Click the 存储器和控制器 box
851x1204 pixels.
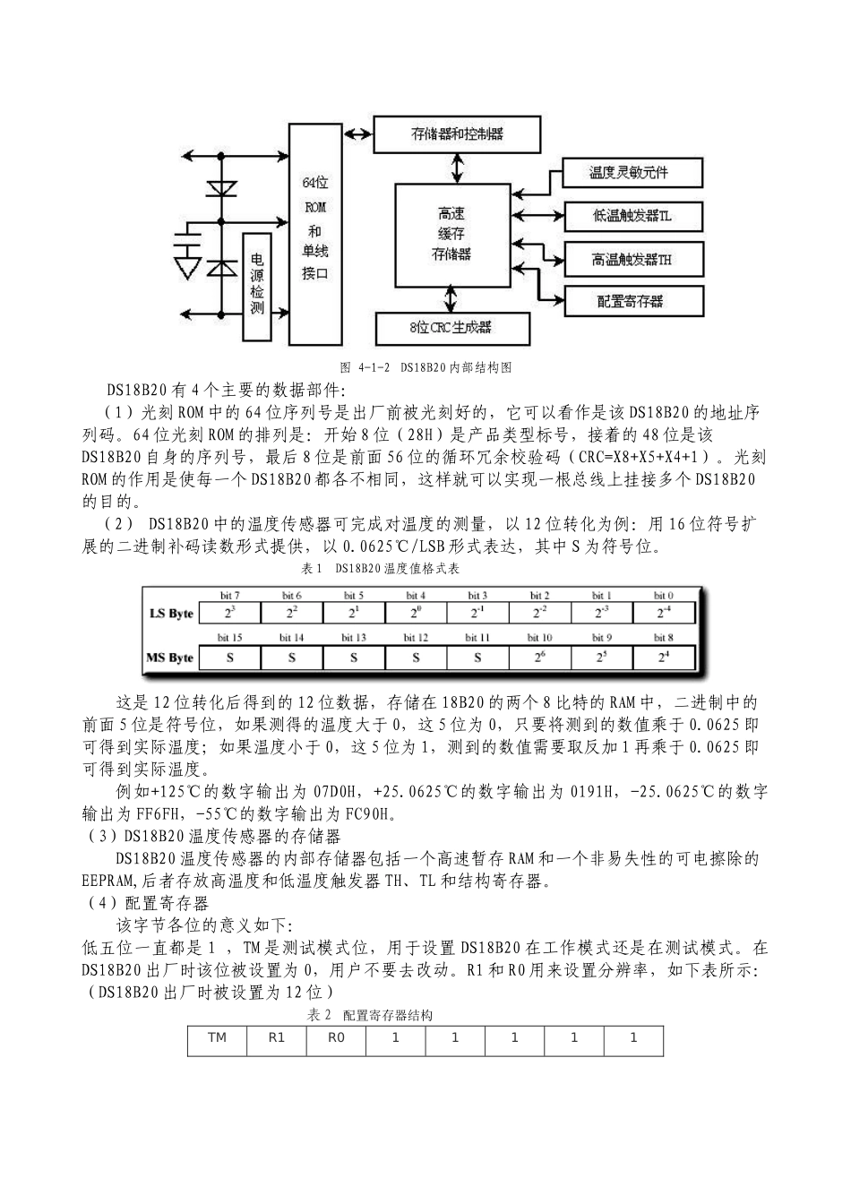pyautogui.click(x=456, y=133)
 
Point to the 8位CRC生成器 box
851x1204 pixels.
pyautogui.click(x=451, y=328)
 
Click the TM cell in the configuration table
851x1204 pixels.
pyautogui.click(x=217, y=1037)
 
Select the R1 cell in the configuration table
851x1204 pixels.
pyautogui.click(x=276, y=1037)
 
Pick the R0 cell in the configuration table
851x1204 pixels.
pyautogui.click(x=336, y=1037)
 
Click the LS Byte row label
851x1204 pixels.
pyautogui.click(x=169, y=614)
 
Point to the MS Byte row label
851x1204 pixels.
pyautogui.click(x=169, y=658)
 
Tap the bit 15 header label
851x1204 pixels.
pyautogui.click(x=229, y=638)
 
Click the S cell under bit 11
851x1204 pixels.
pyautogui.click(x=477, y=658)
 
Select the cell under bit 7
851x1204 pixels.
pyautogui.click(x=229, y=614)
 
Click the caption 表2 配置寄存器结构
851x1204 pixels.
pyautogui.click(x=370, y=1015)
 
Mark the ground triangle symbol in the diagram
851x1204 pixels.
pyautogui.click(x=187, y=266)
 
